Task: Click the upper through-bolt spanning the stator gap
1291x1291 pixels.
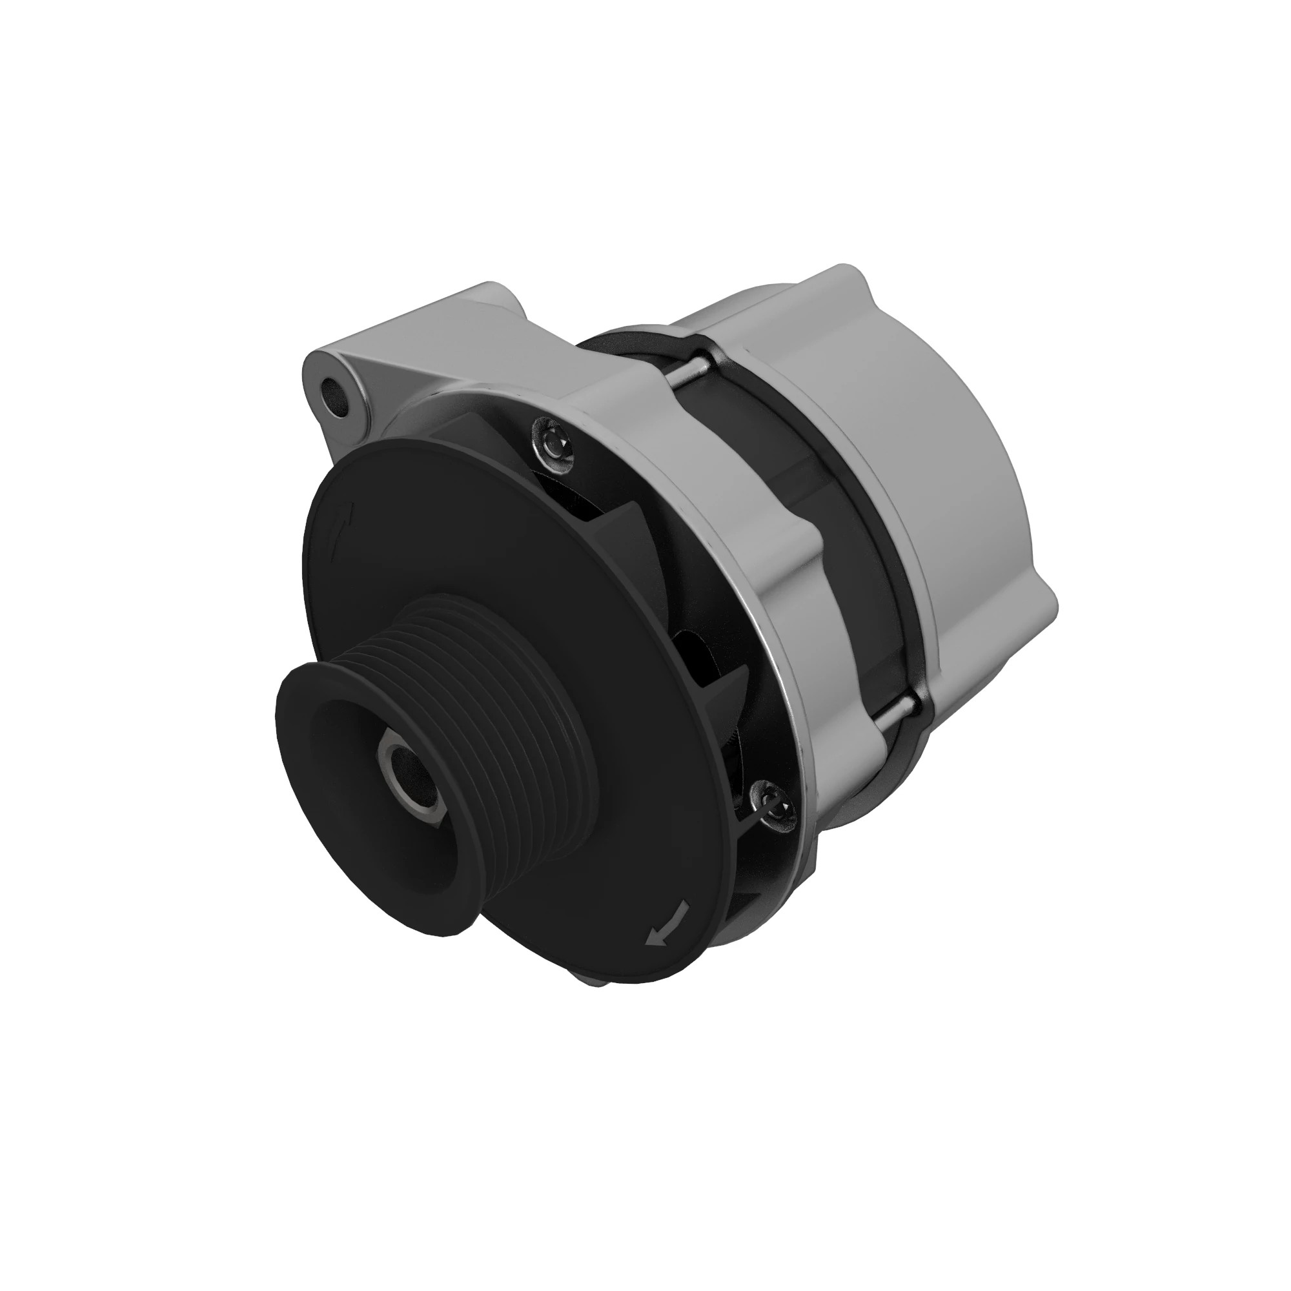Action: (688, 369)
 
